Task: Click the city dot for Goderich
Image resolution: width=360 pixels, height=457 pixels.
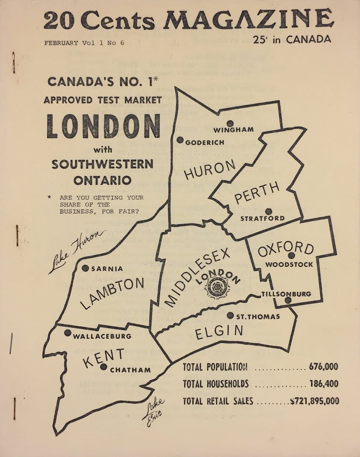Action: click(x=180, y=140)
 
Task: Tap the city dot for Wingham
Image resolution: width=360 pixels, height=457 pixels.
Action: click(x=230, y=123)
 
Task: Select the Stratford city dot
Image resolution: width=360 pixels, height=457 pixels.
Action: click(x=269, y=211)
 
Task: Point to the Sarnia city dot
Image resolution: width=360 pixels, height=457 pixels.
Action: click(x=85, y=268)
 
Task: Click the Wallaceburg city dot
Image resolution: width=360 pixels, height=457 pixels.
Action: click(x=68, y=333)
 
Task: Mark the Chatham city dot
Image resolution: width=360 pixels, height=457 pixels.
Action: click(x=104, y=367)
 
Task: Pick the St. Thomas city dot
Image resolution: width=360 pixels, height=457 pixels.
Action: click(x=230, y=315)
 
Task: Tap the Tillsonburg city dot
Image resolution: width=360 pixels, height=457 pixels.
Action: click(x=288, y=300)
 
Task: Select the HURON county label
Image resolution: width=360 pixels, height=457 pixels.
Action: click(x=210, y=170)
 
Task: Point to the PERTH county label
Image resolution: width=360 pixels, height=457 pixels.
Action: click(x=257, y=193)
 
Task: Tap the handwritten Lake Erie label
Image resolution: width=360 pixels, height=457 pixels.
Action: click(x=153, y=410)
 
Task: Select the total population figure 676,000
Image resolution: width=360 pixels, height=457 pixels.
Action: click(x=323, y=367)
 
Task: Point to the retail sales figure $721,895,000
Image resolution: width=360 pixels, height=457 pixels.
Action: click(x=315, y=401)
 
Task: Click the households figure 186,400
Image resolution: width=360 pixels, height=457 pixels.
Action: click(x=323, y=384)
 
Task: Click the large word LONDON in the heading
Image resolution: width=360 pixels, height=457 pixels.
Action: click(x=104, y=126)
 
